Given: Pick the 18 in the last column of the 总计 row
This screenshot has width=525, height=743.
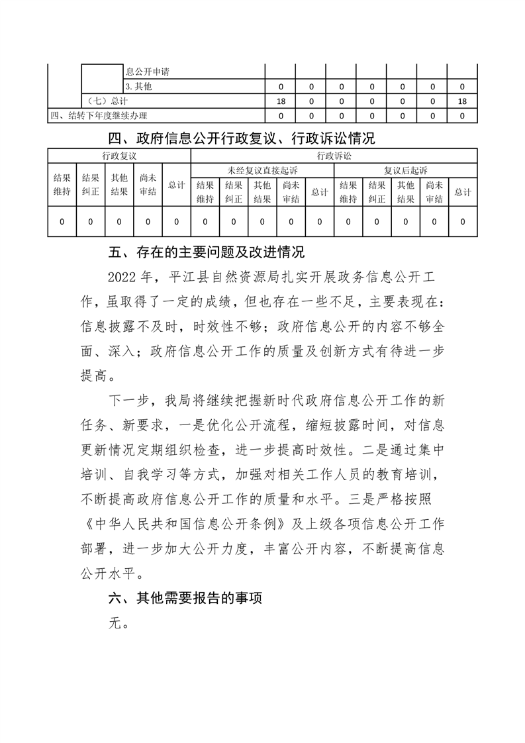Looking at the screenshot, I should coord(462,101).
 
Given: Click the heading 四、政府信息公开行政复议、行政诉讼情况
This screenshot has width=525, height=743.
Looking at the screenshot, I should coord(241,139).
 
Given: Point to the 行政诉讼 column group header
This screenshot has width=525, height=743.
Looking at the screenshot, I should coord(334,156).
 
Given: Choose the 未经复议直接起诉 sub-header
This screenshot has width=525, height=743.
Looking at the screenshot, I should coord(262,171).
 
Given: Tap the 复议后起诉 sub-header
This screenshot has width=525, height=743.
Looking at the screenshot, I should coord(405,171).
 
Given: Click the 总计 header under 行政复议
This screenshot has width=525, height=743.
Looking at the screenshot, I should coord(176,185).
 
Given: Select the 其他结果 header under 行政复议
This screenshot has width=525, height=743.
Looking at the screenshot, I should coord(119,185).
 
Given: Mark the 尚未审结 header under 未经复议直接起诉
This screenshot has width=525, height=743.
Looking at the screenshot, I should coord(291,192).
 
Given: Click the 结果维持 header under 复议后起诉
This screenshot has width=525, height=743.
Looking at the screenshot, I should coord(348,192).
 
